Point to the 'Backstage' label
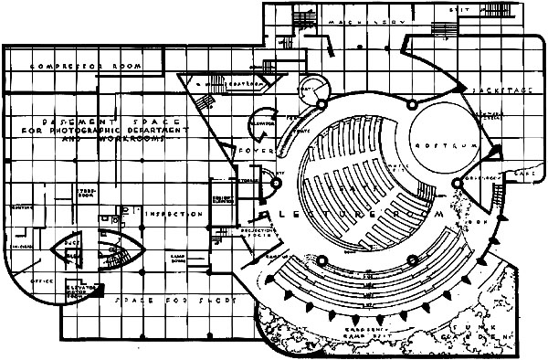click(493, 93)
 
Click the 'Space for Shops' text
click(172, 301)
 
